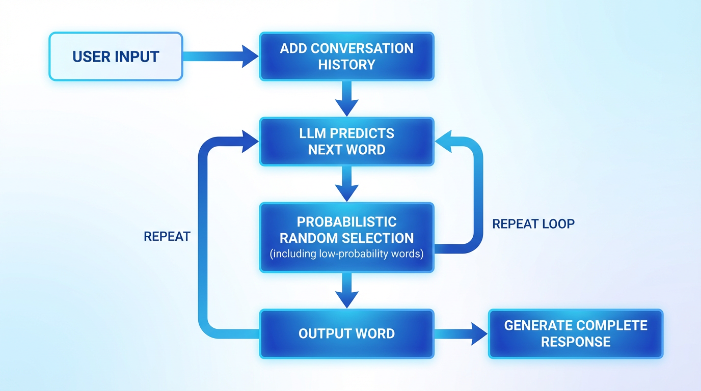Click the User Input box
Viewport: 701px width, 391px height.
click(116, 56)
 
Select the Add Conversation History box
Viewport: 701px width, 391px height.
click(346, 56)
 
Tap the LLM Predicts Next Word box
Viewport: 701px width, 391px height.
click(346, 142)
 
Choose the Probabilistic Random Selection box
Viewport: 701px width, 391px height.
click(346, 237)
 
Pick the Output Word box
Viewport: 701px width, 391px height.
click(346, 333)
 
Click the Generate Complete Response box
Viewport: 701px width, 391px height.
click(576, 333)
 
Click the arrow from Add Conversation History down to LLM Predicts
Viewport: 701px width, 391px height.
click(346, 99)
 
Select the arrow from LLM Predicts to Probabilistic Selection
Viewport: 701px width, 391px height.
click(346, 183)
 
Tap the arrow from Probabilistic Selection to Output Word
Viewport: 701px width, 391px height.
click(346, 290)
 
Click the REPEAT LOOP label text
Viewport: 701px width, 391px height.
click(533, 224)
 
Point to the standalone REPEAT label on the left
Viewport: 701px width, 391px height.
click(167, 236)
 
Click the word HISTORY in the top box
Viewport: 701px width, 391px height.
click(346, 65)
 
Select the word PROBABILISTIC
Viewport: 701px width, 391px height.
click(346, 222)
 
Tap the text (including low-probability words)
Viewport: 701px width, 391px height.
click(346, 254)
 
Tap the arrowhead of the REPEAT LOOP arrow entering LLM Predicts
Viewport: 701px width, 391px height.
click(442, 141)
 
